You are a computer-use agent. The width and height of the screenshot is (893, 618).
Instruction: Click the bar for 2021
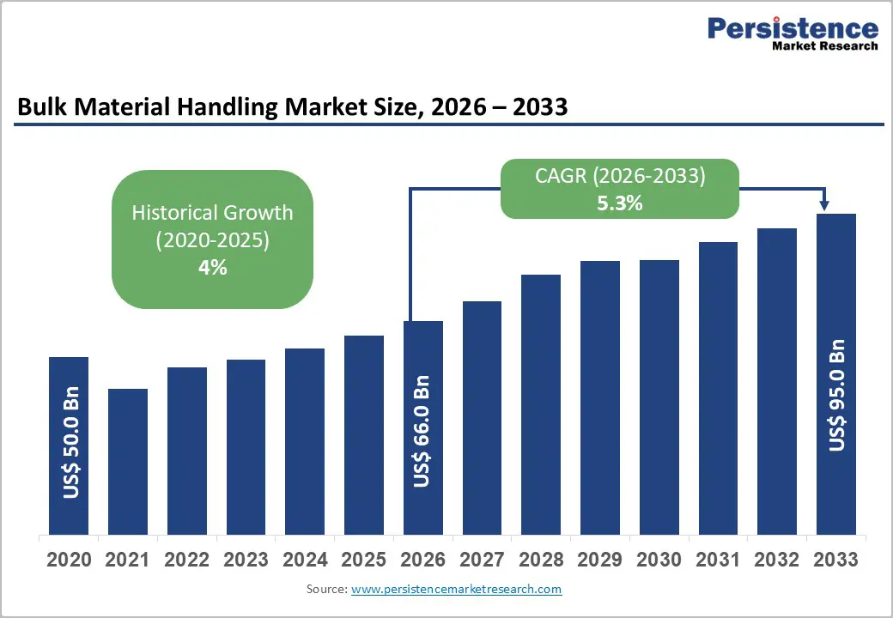click(x=128, y=461)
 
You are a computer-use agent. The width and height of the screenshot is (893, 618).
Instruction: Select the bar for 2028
click(x=541, y=403)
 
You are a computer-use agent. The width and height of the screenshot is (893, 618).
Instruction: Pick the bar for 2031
click(x=718, y=387)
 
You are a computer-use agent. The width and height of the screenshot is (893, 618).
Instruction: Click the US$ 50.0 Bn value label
click(x=71, y=441)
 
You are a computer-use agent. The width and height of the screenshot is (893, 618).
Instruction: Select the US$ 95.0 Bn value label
click(x=837, y=395)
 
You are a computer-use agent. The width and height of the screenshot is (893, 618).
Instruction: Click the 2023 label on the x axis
click(x=246, y=560)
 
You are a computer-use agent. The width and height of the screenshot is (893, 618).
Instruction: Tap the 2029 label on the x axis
click(x=599, y=560)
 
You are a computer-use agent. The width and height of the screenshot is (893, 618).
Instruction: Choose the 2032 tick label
click(x=776, y=560)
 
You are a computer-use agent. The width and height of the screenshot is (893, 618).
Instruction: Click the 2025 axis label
click(x=363, y=560)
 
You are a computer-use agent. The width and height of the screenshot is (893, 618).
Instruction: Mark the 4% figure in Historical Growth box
click(x=212, y=268)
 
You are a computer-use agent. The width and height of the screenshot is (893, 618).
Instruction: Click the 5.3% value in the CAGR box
click(x=621, y=204)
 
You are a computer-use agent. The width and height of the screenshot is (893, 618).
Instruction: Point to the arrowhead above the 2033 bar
click(x=824, y=205)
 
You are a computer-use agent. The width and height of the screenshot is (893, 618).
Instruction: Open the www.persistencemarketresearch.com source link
click(x=456, y=589)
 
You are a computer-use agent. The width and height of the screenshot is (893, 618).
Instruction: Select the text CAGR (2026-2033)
click(x=621, y=177)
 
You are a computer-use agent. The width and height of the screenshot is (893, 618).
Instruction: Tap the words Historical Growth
click(x=212, y=212)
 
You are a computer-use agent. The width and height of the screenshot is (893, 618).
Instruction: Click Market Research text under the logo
click(x=824, y=46)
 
